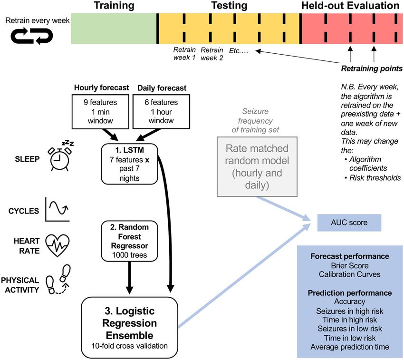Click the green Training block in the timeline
point(114,29)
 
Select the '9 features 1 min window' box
point(100,111)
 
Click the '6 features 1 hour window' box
point(161,111)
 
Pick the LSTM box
point(129,164)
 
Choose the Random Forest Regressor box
point(129,241)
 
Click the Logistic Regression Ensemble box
point(129,327)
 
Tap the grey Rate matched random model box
point(257,166)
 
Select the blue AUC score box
point(349,223)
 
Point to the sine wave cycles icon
point(57,209)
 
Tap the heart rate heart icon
point(57,245)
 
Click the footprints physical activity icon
point(58,280)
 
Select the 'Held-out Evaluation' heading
point(350,5)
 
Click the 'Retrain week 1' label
point(184,53)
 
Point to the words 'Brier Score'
point(350,266)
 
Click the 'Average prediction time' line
point(350,347)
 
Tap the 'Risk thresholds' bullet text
point(375,178)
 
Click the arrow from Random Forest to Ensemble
point(129,278)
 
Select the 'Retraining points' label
point(372,68)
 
